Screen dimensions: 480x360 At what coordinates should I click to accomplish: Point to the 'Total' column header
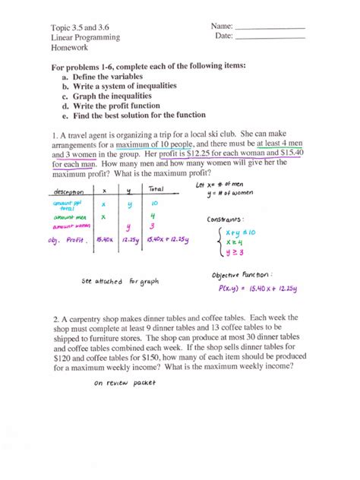click(x=157, y=189)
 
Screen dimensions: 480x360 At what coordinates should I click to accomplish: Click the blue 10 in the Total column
click(x=154, y=204)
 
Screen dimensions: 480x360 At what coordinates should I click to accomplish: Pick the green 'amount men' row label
click(x=70, y=217)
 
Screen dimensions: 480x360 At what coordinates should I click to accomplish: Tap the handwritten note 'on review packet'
click(x=125, y=384)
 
